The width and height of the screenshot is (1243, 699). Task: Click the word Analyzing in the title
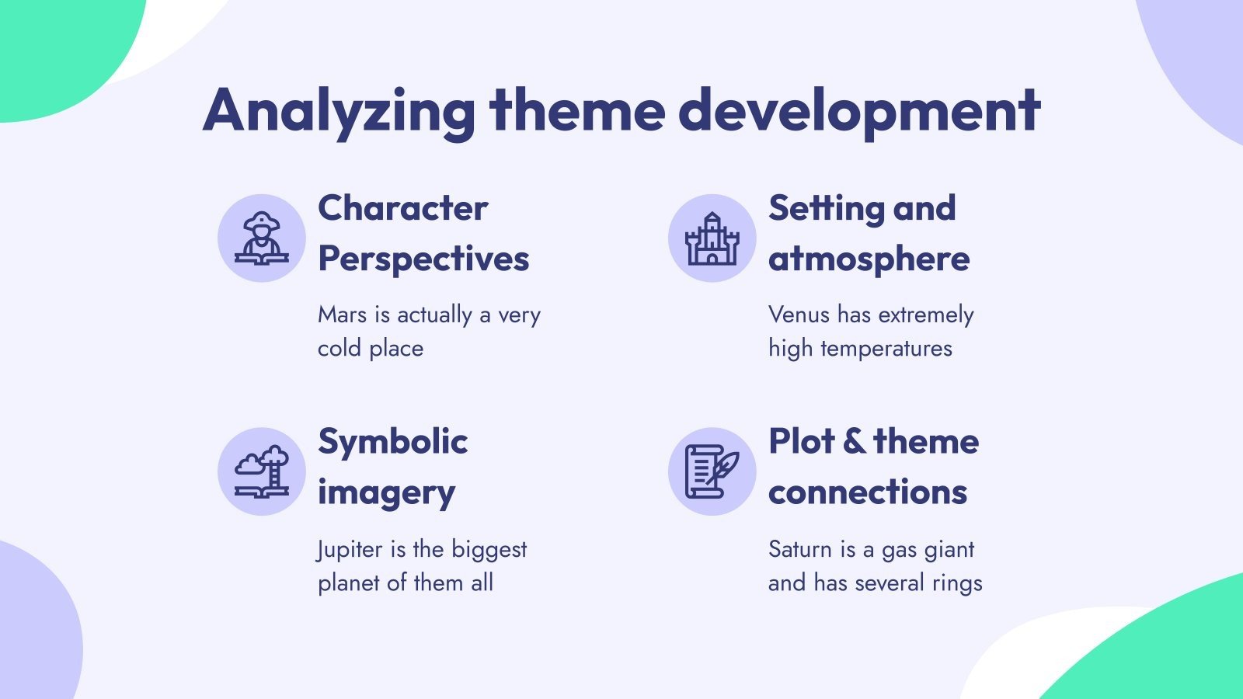[x=339, y=111]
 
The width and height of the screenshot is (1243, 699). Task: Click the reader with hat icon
[x=262, y=238]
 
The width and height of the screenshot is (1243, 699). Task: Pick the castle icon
[x=712, y=238]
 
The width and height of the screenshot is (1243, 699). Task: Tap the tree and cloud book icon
[x=262, y=471]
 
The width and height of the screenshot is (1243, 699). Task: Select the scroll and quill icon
[x=712, y=471]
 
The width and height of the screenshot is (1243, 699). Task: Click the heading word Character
[x=402, y=208]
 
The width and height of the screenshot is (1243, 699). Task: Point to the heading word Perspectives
[x=423, y=259]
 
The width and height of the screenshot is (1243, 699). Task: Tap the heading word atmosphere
[x=869, y=259]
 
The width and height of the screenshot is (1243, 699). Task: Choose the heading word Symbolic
[x=392, y=441]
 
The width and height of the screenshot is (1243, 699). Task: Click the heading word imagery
[x=386, y=493]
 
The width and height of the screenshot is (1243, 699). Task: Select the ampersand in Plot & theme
[x=854, y=441]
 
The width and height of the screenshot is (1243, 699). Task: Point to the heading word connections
[x=867, y=492]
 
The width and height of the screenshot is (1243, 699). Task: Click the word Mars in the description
[x=342, y=315]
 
